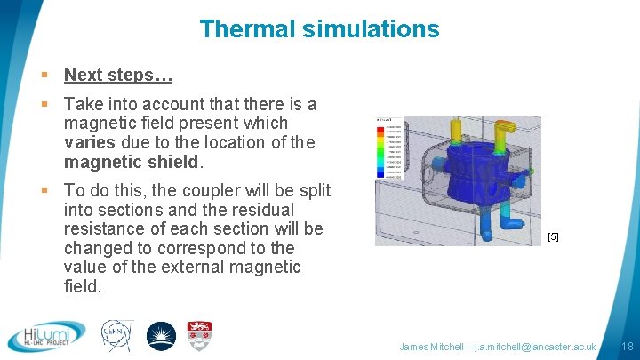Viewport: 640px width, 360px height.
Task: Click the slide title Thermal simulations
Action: click(319, 28)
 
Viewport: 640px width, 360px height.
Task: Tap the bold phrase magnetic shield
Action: click(132, 162)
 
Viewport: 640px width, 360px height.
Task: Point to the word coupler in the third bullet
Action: click(199, 191)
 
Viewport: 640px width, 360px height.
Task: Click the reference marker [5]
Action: click(553, 236)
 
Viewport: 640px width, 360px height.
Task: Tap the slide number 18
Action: click(627, 346)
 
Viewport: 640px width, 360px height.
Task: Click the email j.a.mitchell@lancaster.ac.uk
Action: click(536, 346)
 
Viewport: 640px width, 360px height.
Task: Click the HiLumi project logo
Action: click(46, 336)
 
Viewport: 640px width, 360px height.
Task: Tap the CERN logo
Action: click(116, 336)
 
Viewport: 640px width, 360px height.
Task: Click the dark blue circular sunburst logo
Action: click(161, 336)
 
